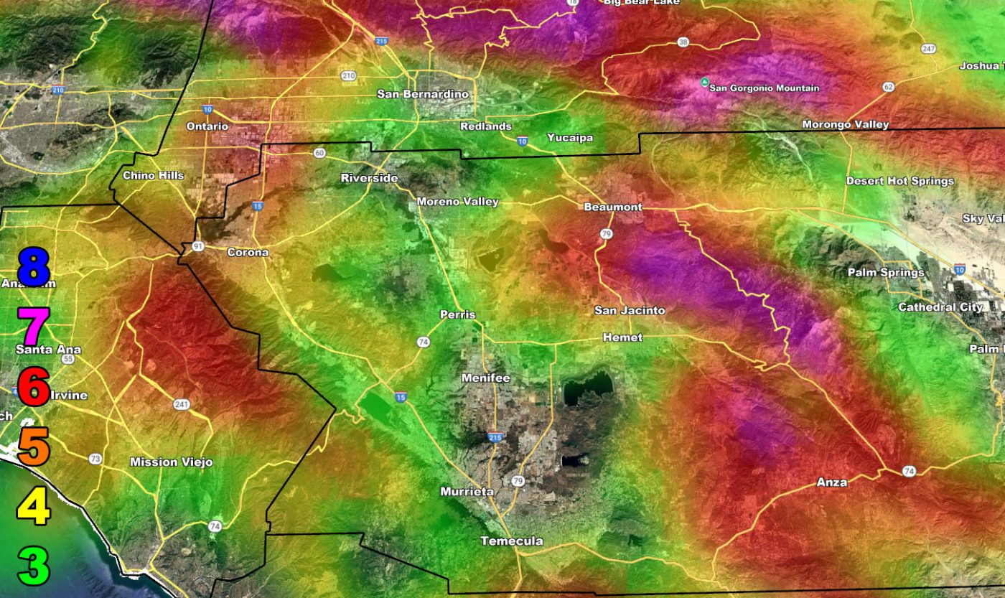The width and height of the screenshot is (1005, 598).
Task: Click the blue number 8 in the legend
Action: coord(34,267)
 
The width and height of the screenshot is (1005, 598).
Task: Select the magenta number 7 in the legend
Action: coord(34,325)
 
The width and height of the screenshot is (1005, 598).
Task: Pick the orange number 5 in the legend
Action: coord(34,446)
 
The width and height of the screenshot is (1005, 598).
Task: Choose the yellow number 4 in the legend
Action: coord(34,505)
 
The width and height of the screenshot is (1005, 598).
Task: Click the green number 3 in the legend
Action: coord(34,566)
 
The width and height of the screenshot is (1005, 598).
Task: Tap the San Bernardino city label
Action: coord(422,94)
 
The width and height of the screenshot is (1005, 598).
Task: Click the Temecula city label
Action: coord(511,541)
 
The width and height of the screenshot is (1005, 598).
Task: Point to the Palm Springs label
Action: coord(885,273)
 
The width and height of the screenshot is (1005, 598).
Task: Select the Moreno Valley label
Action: coord(457,202)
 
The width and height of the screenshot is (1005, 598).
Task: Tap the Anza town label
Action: coord(831,482)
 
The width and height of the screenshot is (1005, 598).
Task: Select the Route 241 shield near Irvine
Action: coord(182,405)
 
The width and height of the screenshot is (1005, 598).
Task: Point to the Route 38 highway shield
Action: coord(683,42)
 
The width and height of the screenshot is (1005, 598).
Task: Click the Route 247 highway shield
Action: coord(929,49)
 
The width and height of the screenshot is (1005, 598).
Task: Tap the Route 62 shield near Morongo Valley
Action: coord(889,87)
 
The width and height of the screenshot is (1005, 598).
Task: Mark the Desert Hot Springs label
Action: coord(899,181)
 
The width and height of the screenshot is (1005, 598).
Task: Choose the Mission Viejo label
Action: coord(171,462)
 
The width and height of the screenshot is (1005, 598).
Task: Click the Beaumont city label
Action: coord(612,207)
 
